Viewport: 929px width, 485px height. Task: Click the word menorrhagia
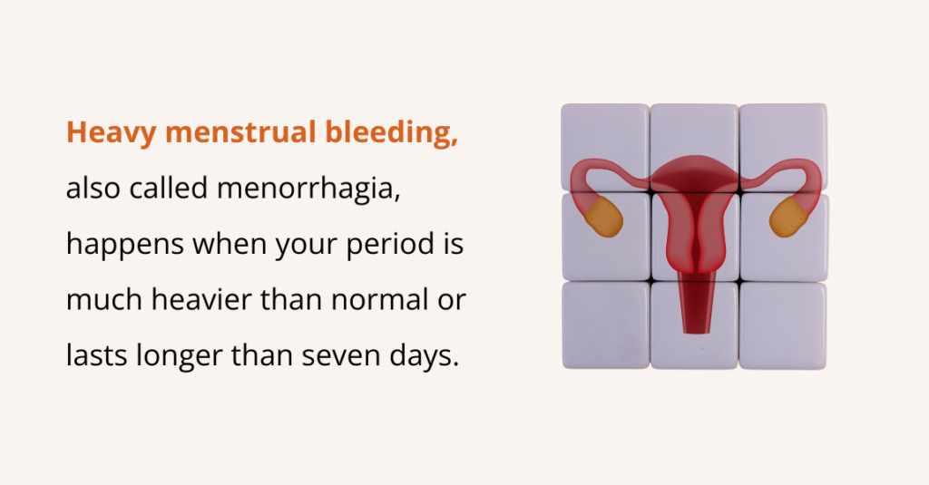point(308,189)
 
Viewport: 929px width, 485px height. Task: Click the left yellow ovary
point(603,217)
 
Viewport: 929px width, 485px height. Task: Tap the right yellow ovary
point(788,217)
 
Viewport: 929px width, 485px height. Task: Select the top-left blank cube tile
point(605,147)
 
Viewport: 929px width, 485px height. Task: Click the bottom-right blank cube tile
point(783,325)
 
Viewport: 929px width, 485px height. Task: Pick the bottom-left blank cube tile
point(605,325)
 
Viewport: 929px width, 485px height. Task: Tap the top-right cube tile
point(783,147)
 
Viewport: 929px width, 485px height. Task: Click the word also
point(93,188)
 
